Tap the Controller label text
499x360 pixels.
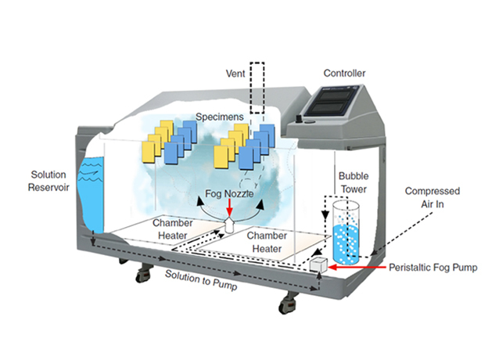pos(344,74)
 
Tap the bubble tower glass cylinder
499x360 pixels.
pos(347,232)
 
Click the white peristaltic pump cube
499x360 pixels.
pos(318,265)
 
